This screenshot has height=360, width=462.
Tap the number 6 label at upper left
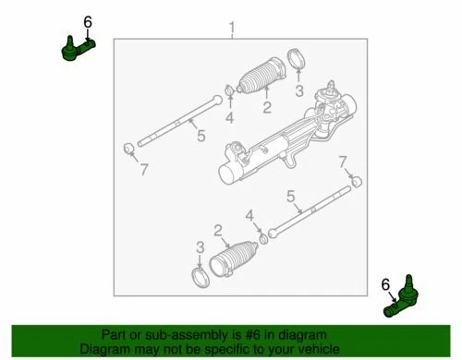pyautogui.click(x=88, y=21)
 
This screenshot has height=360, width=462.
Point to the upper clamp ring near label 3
pyautogui.click(x=298, y=60)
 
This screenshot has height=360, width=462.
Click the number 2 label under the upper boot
pyautogui.click(x=266, y=108)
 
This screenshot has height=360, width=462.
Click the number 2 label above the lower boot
pyautogui.click(x=218, y=231)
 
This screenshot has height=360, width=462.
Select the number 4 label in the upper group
pyautogui.click(x=229, y=117)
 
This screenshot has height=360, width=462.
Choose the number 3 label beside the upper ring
pyautogui.click(x=298, y=90)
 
